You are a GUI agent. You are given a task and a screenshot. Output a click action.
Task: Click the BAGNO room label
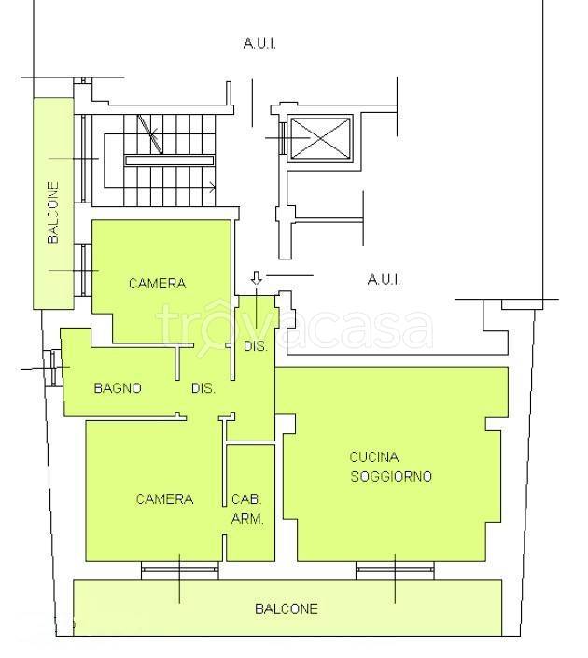[x=118, y=387]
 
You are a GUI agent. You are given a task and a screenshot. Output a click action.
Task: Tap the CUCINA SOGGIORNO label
[x=391, y=467]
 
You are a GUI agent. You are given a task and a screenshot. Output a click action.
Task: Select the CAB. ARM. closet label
[x=247, y=509]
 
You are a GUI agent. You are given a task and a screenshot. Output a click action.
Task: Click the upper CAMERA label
[x=158, y=283]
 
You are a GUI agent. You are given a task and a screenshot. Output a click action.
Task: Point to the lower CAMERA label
[x=164, y=498]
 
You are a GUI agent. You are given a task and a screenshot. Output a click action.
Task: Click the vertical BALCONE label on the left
[x=53, y=212]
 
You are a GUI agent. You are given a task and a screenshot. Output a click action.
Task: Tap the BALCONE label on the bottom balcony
[x=287, y=609]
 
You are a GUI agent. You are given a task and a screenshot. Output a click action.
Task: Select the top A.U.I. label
[x=259, y=43]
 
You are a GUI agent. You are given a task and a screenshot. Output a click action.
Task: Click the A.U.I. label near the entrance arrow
[x=384, y=279]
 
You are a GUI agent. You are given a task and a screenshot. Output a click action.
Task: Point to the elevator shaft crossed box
[x=321, y=138]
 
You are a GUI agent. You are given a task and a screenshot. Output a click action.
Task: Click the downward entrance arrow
[x=257, y=278]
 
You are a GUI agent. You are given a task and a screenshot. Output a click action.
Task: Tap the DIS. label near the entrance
[x=256, y=346]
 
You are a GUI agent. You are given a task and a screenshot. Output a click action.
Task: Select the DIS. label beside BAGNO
[x=203, y=388]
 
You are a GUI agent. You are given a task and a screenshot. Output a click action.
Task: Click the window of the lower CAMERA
[x=179, y=570]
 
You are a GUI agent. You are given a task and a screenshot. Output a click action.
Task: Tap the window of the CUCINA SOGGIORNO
[x=395, y=570]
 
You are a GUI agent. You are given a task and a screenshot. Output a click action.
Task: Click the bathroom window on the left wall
[x=52, y=368]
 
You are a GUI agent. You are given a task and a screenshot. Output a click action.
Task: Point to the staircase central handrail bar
[x=170, y=161]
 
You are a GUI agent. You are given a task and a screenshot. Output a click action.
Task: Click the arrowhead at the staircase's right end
[x=213, y=188]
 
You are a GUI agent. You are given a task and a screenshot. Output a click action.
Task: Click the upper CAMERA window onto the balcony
[x=83, y=270]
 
